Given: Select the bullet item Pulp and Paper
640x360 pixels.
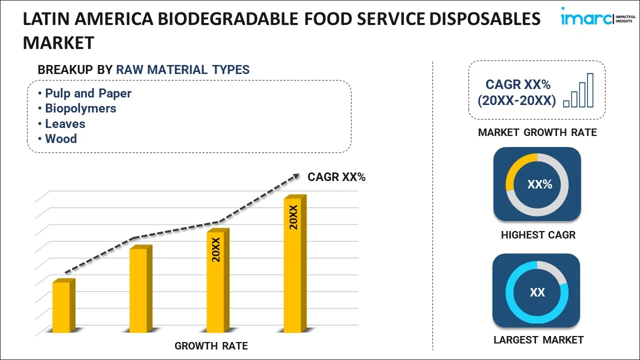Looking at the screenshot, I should click(88, 93).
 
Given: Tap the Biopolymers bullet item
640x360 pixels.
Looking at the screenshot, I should click(80, 108).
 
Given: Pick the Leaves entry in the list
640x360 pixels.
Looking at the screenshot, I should click(65, 124).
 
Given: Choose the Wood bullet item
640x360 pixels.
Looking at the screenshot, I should click(61, 139).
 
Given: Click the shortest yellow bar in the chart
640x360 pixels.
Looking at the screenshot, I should click(61, 307).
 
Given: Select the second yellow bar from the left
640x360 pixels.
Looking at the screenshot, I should click(138, 290).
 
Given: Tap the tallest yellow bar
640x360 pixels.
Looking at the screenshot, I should click(292, 265).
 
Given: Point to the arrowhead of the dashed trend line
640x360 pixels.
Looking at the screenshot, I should click(296, 176).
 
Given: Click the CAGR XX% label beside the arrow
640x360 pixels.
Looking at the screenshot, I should click(336, 177).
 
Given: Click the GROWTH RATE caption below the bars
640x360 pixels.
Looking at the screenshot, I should click(211, 346).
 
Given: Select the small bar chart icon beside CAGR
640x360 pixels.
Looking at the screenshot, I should click(578, 91).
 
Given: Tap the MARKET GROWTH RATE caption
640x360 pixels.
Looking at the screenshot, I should click(537, 132).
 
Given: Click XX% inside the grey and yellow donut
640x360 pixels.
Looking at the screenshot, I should click(539, 184).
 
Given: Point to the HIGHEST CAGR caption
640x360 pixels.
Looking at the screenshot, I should click(538, 235).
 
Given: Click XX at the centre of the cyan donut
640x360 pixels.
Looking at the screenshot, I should click(537, 292).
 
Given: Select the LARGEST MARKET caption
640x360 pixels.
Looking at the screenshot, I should click(538, 340).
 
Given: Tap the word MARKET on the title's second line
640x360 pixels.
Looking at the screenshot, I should click(58, 43).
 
